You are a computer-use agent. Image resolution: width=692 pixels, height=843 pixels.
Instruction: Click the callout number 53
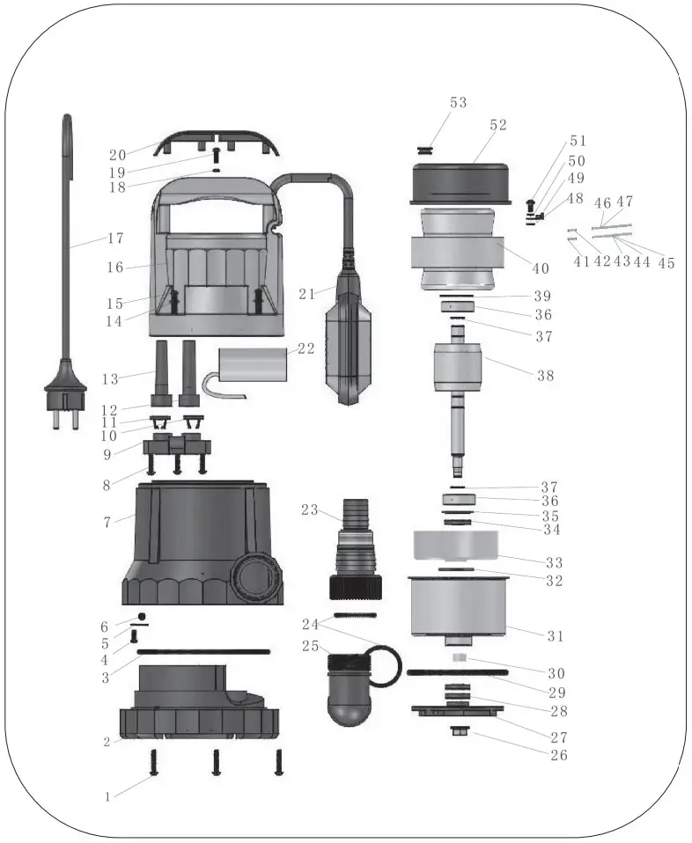[458, 103]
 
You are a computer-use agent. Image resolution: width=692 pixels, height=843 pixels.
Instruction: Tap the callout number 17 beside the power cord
[114, 238]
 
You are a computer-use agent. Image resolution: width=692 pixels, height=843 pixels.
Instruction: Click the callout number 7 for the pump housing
[107, 522]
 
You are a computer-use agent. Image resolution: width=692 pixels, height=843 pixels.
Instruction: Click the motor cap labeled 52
[462, 181]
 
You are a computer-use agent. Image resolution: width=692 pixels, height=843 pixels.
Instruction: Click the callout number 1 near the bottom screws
[107, 796]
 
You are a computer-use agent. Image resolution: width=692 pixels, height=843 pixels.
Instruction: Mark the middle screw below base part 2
[217, 762]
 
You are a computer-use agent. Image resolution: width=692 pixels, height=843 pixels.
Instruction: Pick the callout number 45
[666, 262]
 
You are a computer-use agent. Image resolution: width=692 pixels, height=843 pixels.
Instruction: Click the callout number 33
[554, 561]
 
